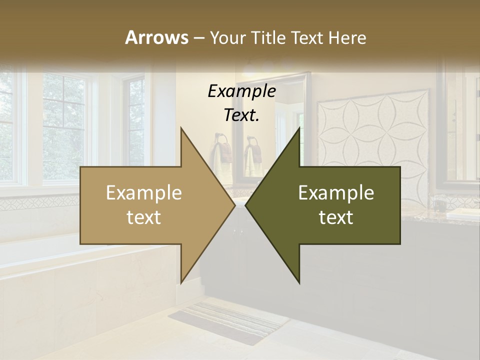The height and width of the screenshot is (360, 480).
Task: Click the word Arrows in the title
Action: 156,37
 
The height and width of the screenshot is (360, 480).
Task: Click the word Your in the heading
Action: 227,37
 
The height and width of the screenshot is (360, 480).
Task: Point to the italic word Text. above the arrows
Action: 241,115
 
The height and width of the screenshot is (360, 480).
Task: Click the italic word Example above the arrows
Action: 241,91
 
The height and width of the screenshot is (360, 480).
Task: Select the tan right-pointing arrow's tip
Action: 234,205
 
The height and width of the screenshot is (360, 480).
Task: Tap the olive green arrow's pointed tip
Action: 246,205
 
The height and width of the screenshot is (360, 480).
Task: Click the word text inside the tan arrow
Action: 143,217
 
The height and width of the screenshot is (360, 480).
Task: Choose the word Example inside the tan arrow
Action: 143,193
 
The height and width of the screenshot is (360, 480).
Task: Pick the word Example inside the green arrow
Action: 336,193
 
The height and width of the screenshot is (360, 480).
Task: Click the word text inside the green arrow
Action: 336,217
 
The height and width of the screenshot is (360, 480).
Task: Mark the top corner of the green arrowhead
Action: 299,129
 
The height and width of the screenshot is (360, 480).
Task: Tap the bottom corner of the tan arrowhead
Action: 181,282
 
